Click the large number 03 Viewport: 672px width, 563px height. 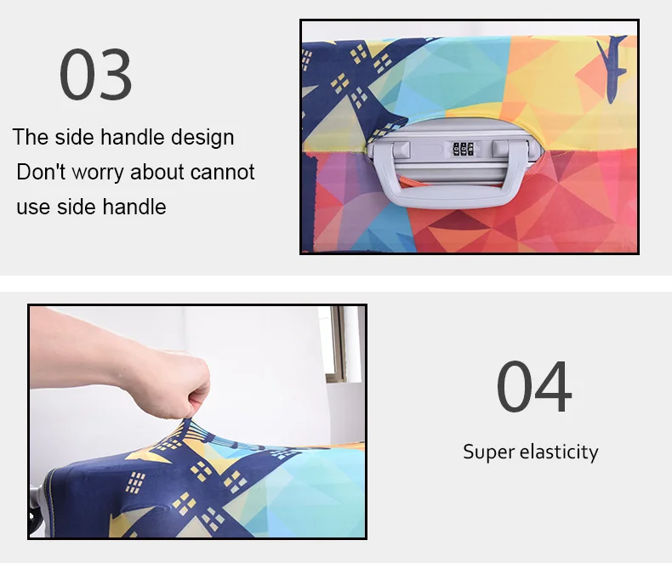(x=95, y=76)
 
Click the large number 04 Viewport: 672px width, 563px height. (x=533, y=388)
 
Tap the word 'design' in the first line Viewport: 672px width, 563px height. (x=202, y=138)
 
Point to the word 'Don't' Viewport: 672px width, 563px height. (x=42, y=172)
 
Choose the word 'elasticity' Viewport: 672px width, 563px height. (x=557, y=452)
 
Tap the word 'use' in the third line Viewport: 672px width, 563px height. (x=33, y=207)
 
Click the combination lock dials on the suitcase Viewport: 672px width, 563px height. (x=463, y=149)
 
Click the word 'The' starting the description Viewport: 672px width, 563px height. (x=31, y=138)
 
